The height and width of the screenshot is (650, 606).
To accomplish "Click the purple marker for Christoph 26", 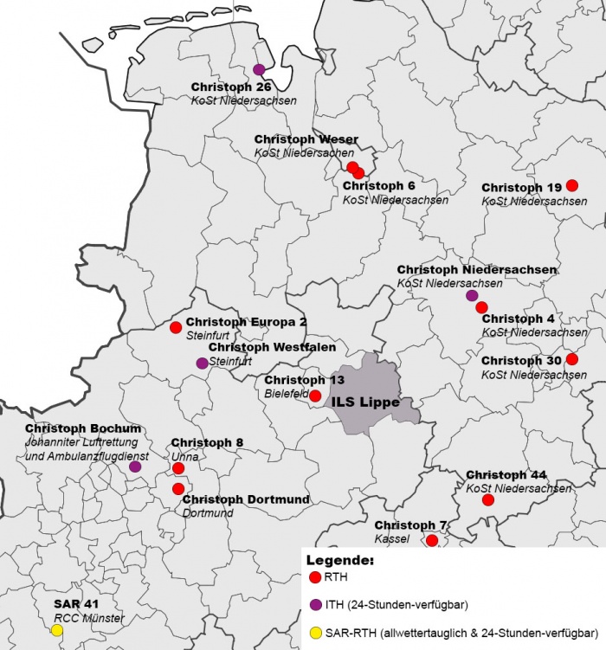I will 259,69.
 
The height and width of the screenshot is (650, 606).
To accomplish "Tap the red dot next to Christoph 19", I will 572,185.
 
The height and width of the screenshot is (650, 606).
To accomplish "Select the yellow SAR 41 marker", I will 56,630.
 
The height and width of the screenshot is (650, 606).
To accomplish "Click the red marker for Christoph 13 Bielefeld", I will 316,396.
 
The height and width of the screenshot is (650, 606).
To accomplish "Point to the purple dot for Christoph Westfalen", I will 202,363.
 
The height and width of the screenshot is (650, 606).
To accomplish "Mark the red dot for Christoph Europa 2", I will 176,327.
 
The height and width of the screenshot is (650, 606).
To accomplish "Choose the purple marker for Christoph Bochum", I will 135,467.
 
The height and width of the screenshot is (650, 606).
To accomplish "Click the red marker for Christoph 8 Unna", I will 178,468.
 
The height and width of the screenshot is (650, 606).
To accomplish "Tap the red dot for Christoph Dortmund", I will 178,489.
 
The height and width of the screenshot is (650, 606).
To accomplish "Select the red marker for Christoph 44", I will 488,500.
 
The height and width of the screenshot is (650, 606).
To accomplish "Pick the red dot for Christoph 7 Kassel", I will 432,541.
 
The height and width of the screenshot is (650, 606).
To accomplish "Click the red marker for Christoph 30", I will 572,359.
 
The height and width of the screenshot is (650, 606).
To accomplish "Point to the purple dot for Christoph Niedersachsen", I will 472,296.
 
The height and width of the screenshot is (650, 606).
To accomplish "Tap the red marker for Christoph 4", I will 482,307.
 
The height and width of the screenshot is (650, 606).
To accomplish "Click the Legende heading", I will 341,561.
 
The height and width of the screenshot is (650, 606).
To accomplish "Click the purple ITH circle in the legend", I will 315,604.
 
